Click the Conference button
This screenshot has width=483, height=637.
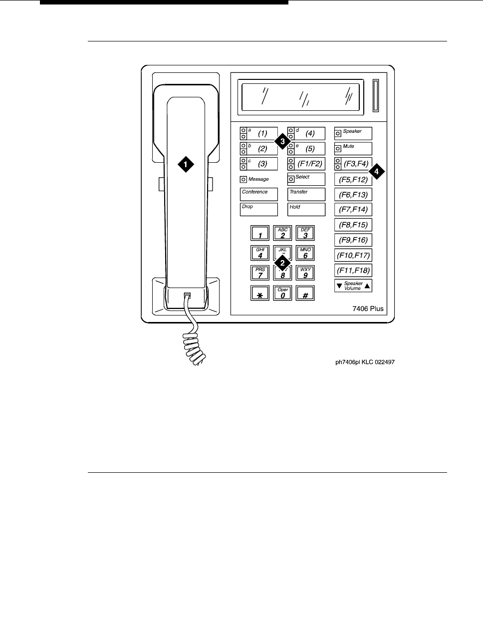[258, 194]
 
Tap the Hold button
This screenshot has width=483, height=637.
[306, 209]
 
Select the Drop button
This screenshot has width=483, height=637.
[258, 209]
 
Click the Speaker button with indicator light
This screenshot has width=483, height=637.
[353, 133]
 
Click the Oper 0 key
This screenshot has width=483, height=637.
[283, 293]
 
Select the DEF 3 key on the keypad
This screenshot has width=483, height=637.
[305, 233]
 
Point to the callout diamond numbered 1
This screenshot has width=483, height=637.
[186, 164]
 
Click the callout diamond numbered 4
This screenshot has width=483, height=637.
[377, 171]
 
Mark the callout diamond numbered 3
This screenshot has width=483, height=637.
[282, 141]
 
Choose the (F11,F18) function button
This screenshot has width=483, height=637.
[353, 271]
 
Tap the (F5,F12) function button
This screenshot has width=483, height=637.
[353, 179]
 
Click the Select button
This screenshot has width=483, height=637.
[306, 179]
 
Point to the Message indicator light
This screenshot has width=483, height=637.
[243, 179]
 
